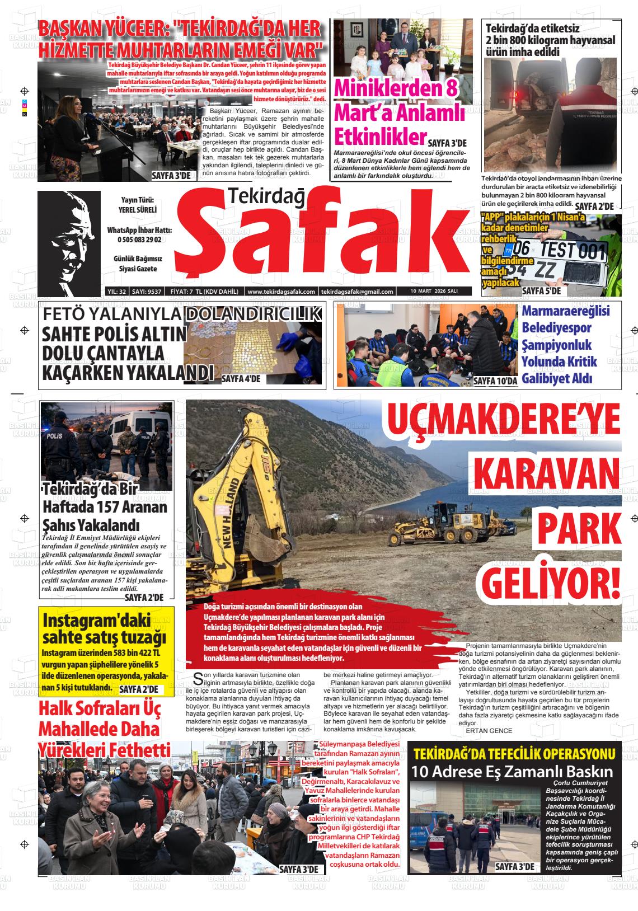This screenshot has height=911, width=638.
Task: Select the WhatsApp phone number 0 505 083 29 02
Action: click(139, 240)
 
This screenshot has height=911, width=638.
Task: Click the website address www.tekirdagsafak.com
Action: click(281, 292)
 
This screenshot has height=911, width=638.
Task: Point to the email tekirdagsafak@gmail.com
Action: click(357, 292)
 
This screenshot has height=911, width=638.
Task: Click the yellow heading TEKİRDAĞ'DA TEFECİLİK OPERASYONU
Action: click(514, 753)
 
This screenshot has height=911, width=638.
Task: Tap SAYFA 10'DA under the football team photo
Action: click(495, 381)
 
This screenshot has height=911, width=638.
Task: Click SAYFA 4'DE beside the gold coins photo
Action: click(241, 379)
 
